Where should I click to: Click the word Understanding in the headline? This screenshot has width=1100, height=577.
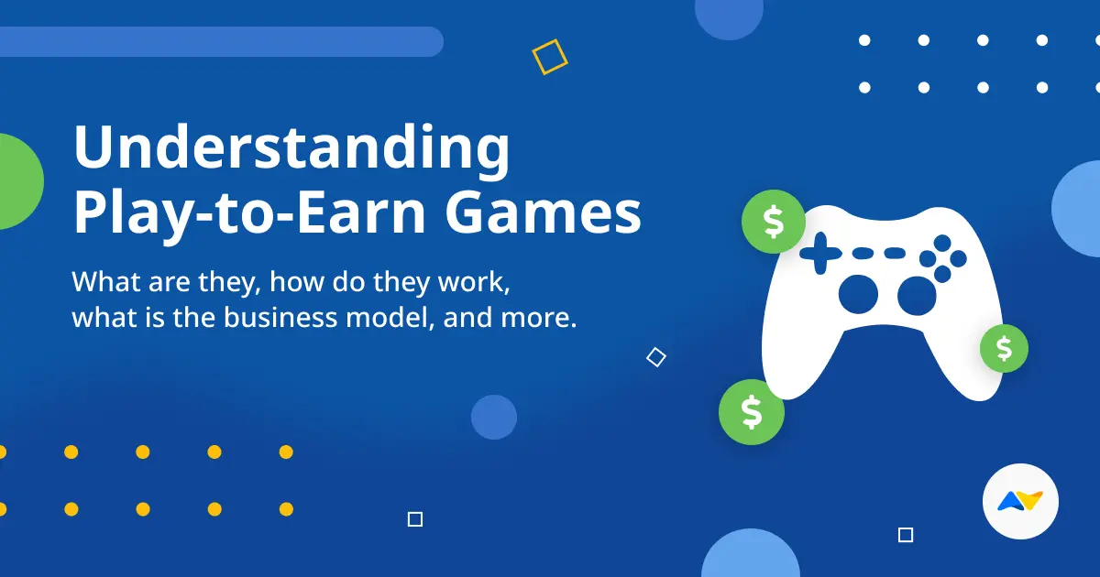pyautogui.click(x=291, y=151)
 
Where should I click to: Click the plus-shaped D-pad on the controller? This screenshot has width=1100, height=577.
pyautogui.click(x=819, y=252)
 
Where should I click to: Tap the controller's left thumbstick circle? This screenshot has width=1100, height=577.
pyautogui.click(x=860, y=292)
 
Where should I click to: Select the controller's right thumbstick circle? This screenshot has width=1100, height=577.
pyautogui.click(x=916, y=294)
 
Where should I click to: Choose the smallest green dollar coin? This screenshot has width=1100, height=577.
pyautogui.click(x=1004, y=348)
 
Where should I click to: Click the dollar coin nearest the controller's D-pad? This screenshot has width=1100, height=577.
pyautogui.click(x=773, y=222)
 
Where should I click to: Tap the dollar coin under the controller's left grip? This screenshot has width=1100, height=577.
pyautogui.click(x=752, y=412)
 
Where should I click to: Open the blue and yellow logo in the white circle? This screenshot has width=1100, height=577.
pyautogui.click(x=1020, y=502)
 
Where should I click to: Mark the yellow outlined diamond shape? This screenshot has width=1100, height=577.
pyautogui.click(x=550, y=57)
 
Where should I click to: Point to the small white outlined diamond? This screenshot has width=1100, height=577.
pyautogui.click(x=655, y=357)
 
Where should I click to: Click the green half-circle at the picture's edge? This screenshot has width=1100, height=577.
pyautogui.click(x=18, y=181)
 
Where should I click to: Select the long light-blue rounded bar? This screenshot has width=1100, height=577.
pyautogui.click(x=220, y=41)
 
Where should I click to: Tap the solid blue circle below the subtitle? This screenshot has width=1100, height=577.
pyautogui.click(x=494, y=418)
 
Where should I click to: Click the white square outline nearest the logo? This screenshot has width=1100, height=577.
pyautogui.click(x=906, y=535)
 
